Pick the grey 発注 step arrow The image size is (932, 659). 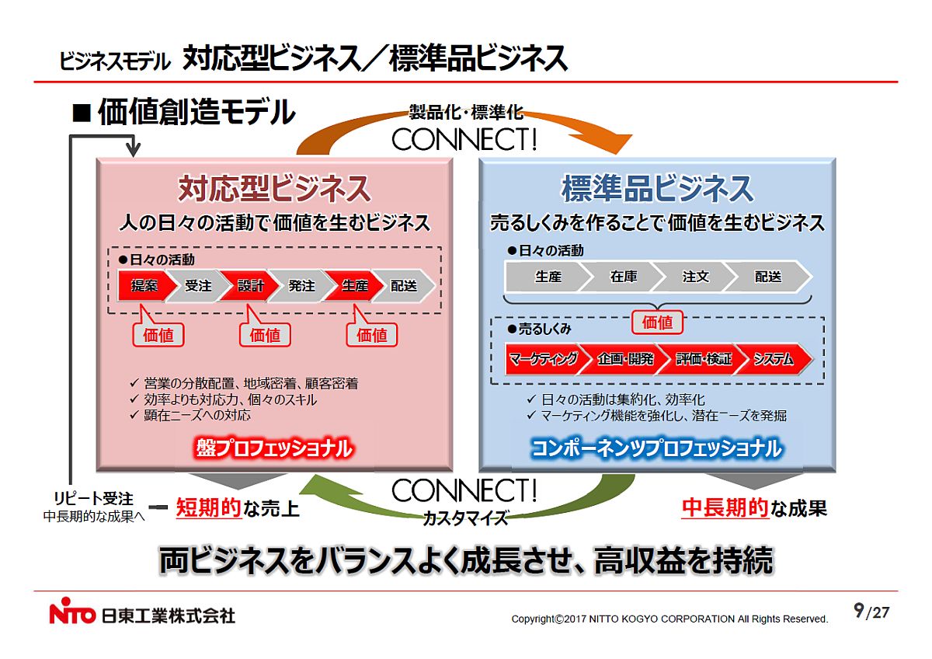coord(301,286)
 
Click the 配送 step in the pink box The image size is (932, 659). coord(404,286)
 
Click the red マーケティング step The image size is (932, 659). coord(544,359)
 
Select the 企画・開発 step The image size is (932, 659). coord(625,359)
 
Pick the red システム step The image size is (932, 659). coord(774,359)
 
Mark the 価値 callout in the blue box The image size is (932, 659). coord(658,322)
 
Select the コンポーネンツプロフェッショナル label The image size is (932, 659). coord(656,448)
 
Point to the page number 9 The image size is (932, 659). coord(858,611)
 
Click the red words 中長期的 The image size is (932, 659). coord(725,508)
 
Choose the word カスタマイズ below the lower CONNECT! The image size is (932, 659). coord(465,518)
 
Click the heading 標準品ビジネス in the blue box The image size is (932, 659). coord(657,189)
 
